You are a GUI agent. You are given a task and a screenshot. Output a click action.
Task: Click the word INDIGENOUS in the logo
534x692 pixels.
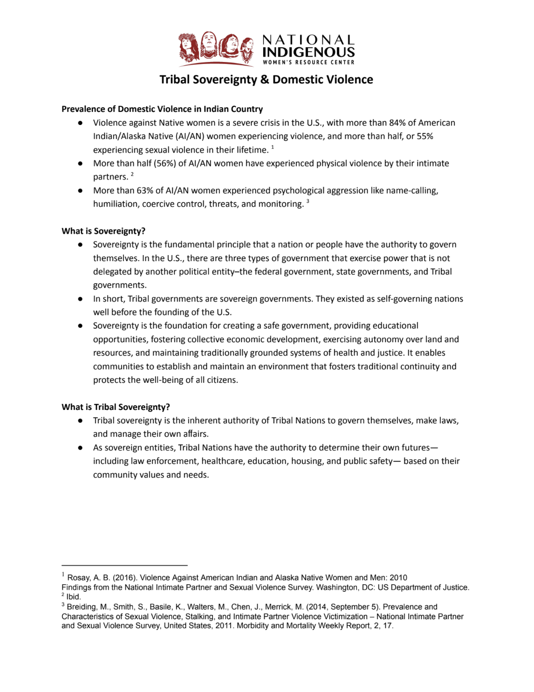pyautogui.click(x=308, y=52)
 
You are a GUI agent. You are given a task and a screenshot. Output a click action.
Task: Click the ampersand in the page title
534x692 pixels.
pyautogui.click(x=265, y=80)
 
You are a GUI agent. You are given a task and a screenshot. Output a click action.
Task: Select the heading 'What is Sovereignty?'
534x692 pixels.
pyautogui.click(x=103, y=231)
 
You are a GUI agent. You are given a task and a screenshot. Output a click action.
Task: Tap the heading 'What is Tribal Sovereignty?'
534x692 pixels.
pyautogui.click(x=116, y=407)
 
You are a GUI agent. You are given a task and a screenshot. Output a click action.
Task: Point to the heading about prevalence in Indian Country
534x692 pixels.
pyautogui.click(x=162, y=109)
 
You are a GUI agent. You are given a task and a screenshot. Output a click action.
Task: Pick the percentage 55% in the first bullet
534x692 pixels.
pyautogui.click(x=425, y=136)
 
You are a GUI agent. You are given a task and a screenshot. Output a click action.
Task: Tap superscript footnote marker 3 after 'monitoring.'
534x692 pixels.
pyautogui.click(x=308, y=201)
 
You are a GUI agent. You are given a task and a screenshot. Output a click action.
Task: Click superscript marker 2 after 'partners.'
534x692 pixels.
pyautogui.click(x=132, y=174)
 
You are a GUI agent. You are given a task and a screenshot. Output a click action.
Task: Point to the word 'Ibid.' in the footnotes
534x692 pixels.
pyautogui.click(x=74, y=597)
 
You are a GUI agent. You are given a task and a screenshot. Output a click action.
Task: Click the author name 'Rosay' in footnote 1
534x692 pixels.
pyautogui.click(x=78, y=578)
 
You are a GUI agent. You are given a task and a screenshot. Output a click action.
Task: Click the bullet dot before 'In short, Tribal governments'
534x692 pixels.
pyautogui.click(x=80, y=299)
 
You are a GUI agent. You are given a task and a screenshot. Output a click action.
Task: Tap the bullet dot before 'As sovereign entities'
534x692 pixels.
pyautogui.click(x=80, y=448)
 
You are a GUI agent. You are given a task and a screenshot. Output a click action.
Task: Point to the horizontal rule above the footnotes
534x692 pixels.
pyautogui.click(x=124, y=565)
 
